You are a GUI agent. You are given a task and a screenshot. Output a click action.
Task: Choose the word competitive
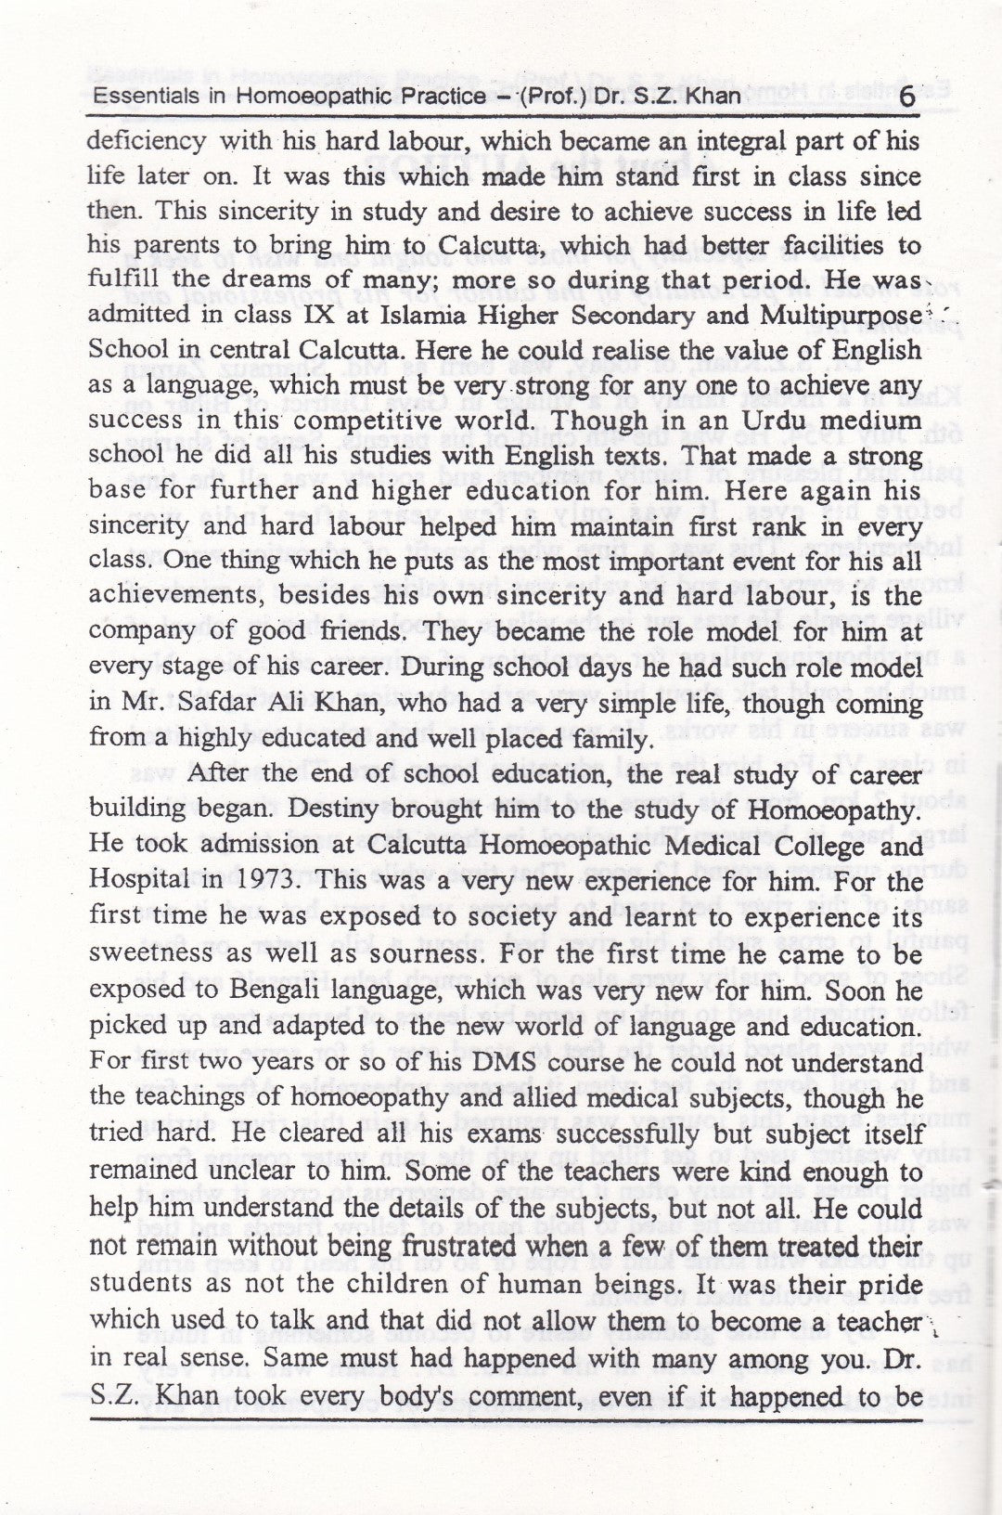(405, 421)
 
